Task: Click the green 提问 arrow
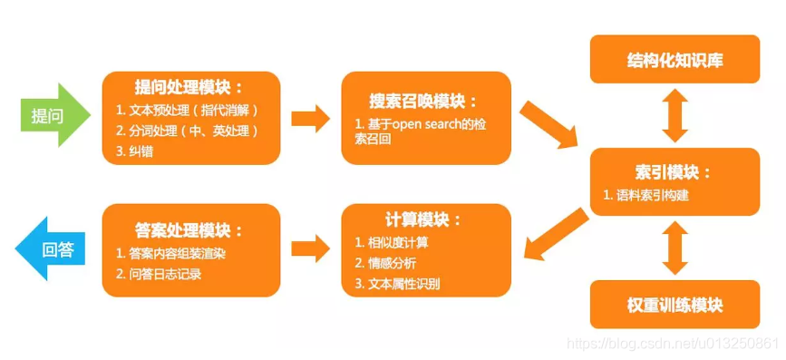point(53,115)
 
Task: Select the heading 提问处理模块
point(189,87)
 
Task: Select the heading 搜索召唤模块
point(423,101)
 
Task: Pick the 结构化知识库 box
point(674,59)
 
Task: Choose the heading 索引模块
point(674,171)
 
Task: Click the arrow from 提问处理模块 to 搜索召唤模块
point(309,116)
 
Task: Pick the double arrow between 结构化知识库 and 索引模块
point(674,115)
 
